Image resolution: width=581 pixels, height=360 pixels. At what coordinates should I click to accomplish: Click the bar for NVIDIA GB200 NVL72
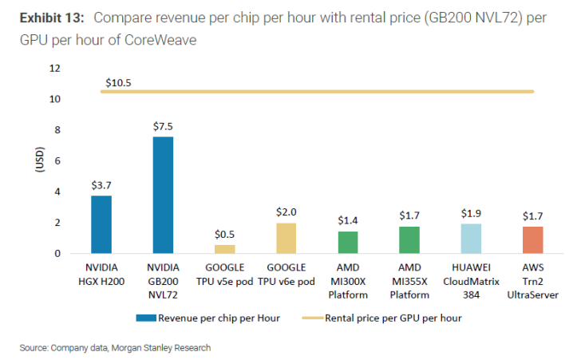click(x=163, y=195)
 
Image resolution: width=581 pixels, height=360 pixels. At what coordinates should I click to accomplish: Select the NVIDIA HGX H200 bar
click(x=101, y=224)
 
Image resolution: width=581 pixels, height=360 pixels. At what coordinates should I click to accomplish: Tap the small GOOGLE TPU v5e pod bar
click(x=224, y=249)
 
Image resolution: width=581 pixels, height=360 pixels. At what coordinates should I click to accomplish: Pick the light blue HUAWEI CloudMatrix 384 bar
click(x=471, y=239)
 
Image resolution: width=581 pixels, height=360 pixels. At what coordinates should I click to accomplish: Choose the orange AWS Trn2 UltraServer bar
click(x=532, y=240)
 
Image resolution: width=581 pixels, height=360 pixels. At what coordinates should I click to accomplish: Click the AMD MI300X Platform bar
click(x=348, y=243)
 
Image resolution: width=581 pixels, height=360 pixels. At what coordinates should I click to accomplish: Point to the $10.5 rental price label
click(x=119, y=82)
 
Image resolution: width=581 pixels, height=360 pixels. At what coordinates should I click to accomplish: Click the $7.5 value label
click(x=163, y=126)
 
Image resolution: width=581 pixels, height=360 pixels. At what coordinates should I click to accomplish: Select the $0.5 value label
click(x=224, y=234)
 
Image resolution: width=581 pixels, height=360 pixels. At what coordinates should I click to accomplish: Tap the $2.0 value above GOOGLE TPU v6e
click(x=287, y=212)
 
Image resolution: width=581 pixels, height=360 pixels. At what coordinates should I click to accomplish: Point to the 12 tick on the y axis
click(x=55, y=68)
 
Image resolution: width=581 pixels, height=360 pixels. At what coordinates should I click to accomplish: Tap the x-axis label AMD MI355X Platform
click(x=409, y=280)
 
